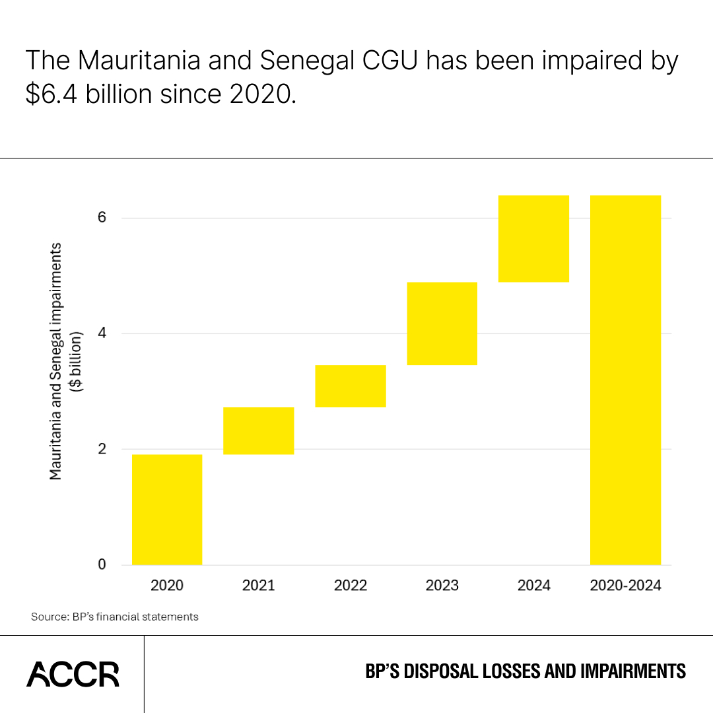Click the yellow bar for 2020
167,509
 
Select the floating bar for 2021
258,430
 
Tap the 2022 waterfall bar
350,386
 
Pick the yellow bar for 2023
442,323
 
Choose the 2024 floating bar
533,238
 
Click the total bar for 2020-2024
625,380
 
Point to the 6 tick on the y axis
101,218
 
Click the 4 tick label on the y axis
101,333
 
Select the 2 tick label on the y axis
101,449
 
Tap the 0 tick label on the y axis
101,564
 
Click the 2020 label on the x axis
167,585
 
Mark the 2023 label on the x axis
442,585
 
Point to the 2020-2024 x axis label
625,585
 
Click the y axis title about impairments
65,361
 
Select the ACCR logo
73,673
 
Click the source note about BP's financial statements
114,617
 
